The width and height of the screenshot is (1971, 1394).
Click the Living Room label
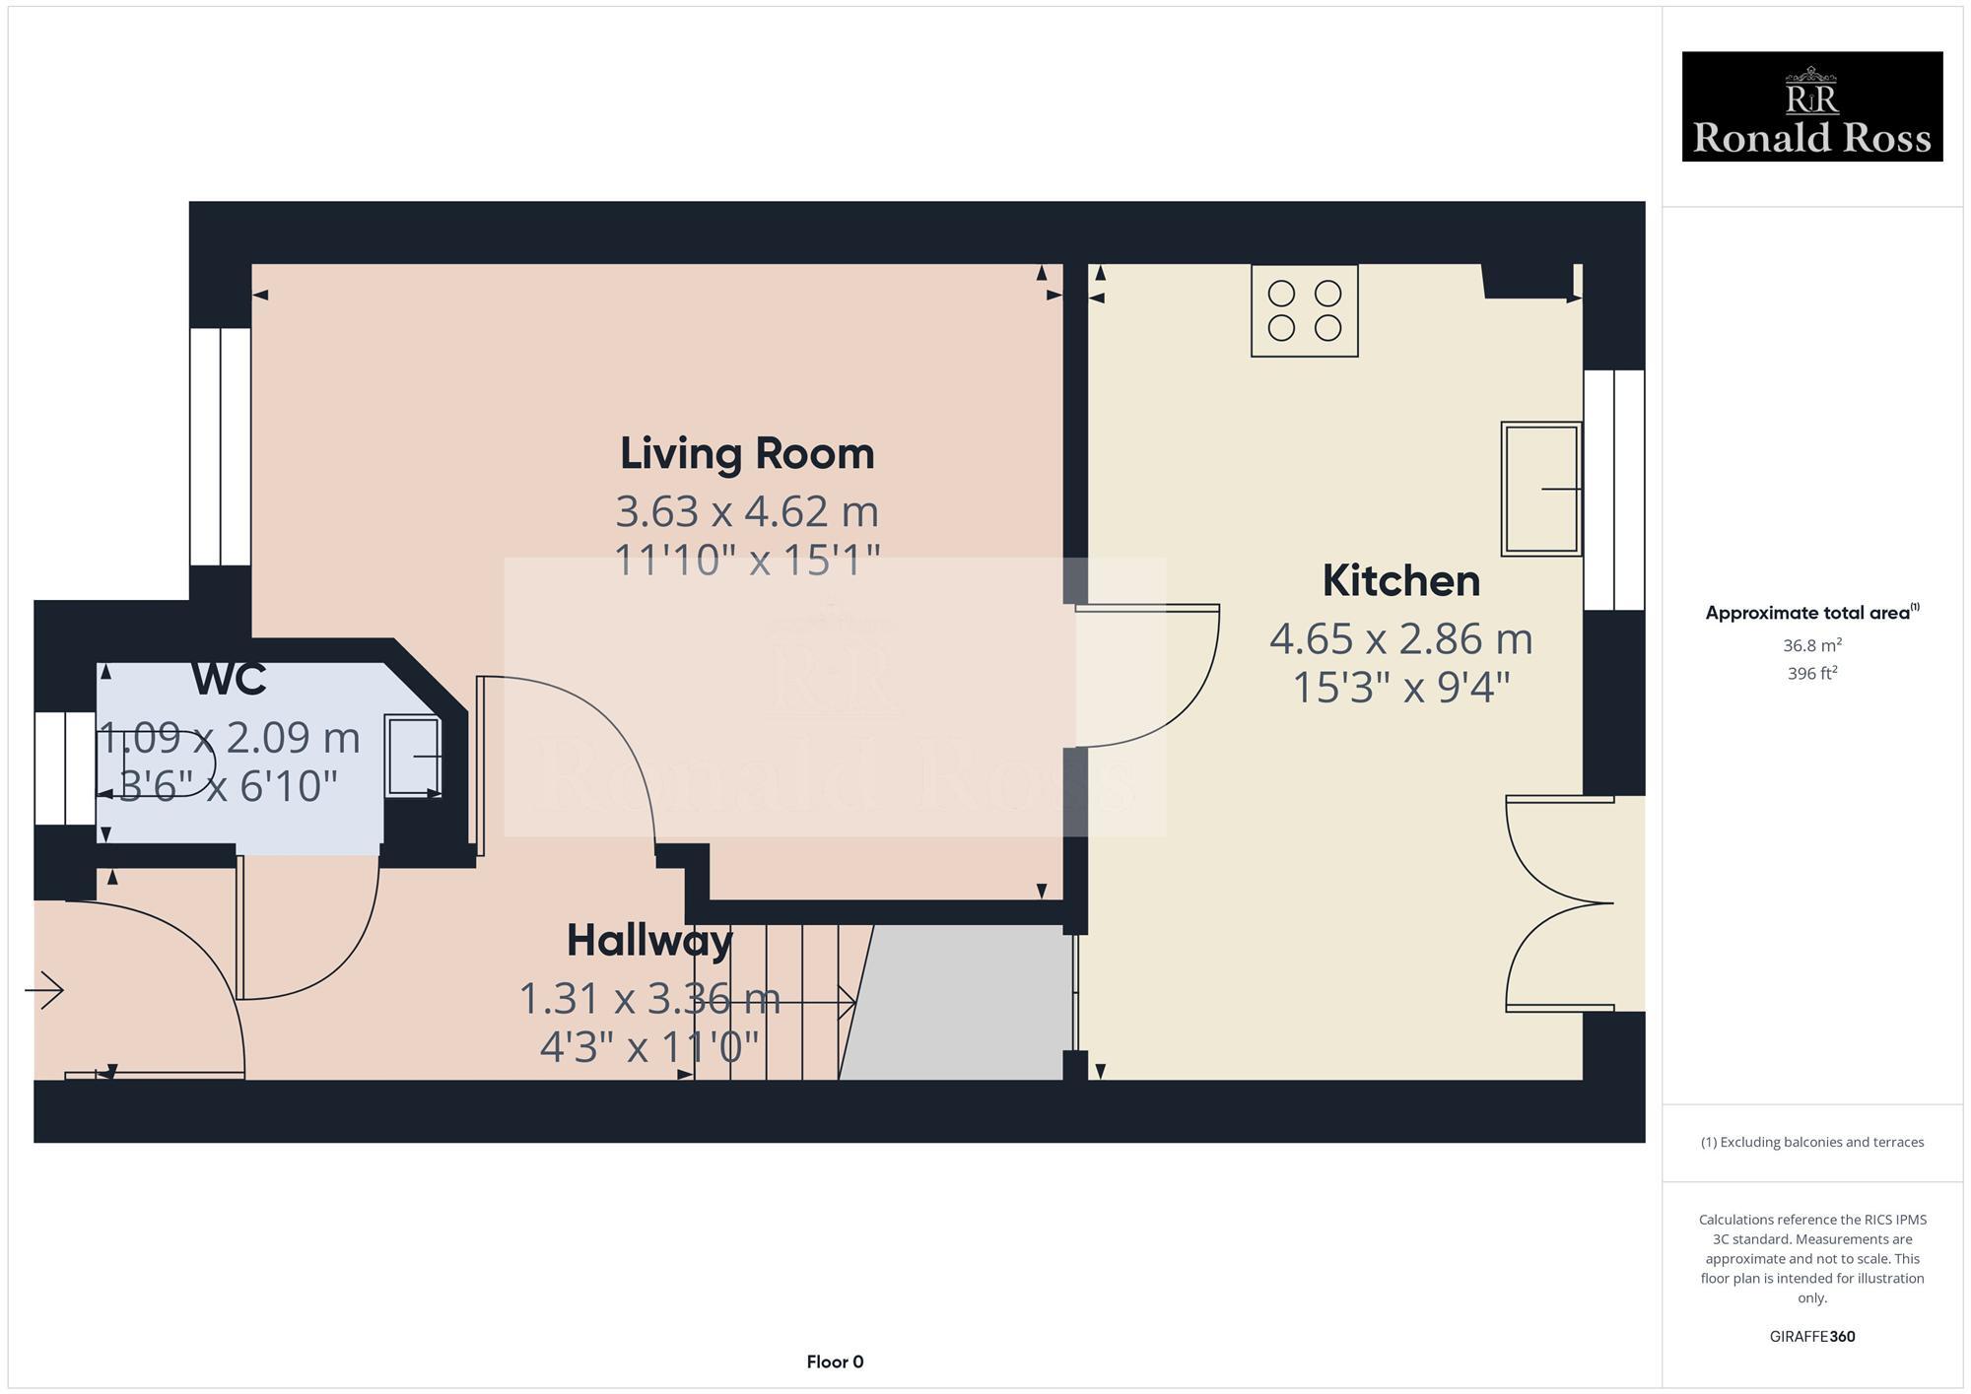(x=746, y=453)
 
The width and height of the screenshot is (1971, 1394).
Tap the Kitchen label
(x=1400, y=580)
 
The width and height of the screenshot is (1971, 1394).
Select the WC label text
(x=229, y=679)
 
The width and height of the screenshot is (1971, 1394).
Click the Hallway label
(x=649, y=941)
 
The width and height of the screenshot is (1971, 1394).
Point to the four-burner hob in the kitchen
(x=1304, y=310)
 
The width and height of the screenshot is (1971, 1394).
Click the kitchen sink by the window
(x=1540, y=489)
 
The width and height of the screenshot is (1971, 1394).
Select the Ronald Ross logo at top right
(x=1811, y=106)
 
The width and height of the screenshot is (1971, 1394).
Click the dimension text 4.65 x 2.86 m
(x=1400, y=639)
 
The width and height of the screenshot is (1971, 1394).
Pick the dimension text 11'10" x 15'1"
(x=746, y=561)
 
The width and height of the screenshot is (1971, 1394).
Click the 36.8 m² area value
(x=1811, y=646)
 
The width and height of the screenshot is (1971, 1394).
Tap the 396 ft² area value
(x=1811, y=674)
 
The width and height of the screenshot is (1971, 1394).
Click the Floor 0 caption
(x=835, y=1361)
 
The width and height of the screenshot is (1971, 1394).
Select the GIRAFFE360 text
(x=1811, y=1337)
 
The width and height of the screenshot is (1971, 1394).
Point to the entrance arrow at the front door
(x=44, y=989)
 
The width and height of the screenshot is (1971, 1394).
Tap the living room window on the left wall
(x=220, y=446)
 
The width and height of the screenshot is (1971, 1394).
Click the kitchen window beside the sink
(x=1613, y=490)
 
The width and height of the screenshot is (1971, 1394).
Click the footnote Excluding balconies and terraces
(x=1811, y=1142)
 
